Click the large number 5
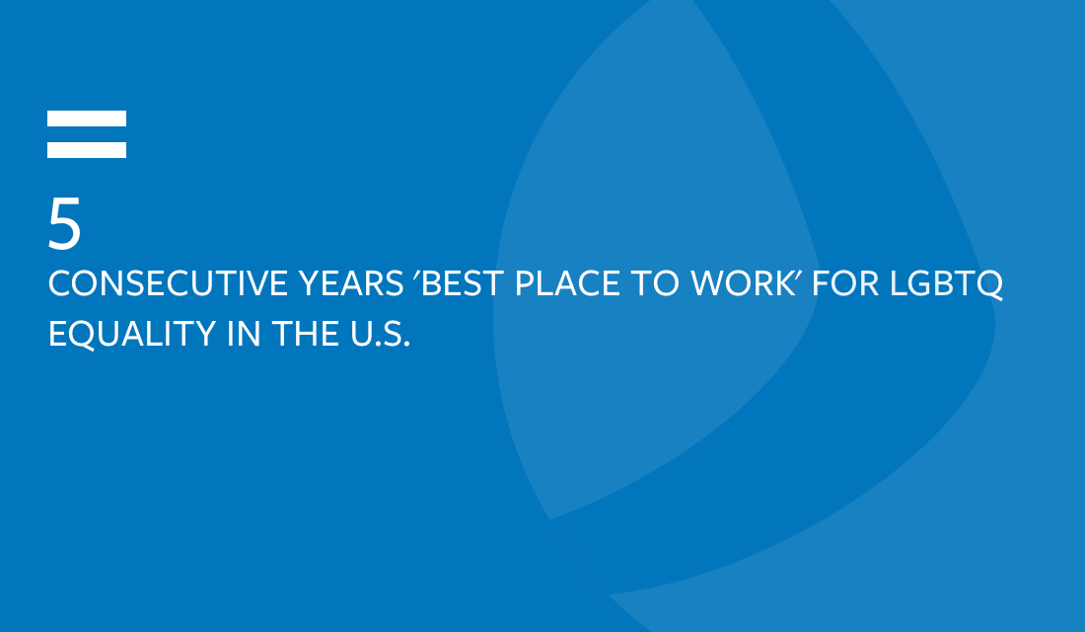pyautogui.click(x=64, y=222)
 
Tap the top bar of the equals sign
pyautogui.click(x=87, y=118)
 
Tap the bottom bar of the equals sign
pyautogui.click(x=87, y=150)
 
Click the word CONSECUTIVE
pyautogui.click(x=168, y=283)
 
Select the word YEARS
pyautogui.click(x=351, y=283)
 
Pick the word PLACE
pyautogui.click(x=567, y=283)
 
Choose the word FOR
pyautogui.click(x=845, y=283)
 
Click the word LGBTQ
pyautogui.click(x=947, y=284)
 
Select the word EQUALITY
pyautogui.click(x=133, y=334)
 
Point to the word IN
pyautogui.click(x=244, y=334)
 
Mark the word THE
pyautogui.click(x=305, y=334)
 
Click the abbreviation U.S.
pyautogui.click(x=380, y=334)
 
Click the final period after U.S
pyautogui.click(x=406, y=345)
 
